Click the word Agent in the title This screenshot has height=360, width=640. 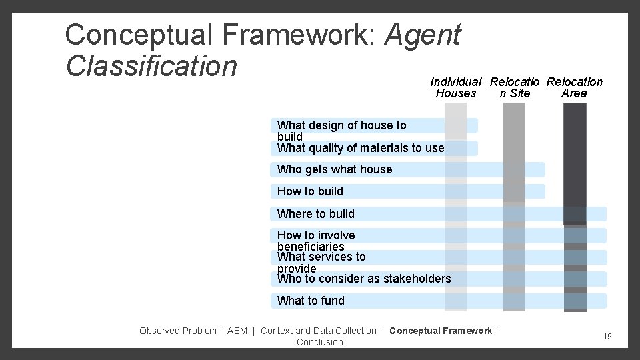coord(422,35)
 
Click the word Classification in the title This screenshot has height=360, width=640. coord(151,65)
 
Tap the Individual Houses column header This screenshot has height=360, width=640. coord(456,87)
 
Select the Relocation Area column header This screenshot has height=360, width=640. coord(574,87)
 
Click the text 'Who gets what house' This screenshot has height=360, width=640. coord(335,169)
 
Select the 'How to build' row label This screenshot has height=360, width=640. coord(310,191)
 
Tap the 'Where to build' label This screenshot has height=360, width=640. coord(316,214)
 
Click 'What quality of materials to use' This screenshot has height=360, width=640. coord(361,148)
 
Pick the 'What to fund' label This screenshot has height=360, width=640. coord(311,301)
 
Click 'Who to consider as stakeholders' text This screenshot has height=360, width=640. coord(364,279)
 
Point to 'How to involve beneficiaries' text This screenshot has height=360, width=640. coord(316,241)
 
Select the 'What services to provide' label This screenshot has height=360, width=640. coord(321,262)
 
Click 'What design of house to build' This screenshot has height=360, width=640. coord(341,130)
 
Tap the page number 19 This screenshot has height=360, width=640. coord(607,337)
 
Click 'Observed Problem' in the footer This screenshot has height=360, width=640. coord(178,331)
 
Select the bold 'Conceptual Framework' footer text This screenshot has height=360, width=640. coord(441,331)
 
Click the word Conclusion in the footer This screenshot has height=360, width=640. coord(320,342)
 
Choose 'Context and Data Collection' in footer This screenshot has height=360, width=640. coord(319,331)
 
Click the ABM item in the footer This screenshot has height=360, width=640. coord(237,331)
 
